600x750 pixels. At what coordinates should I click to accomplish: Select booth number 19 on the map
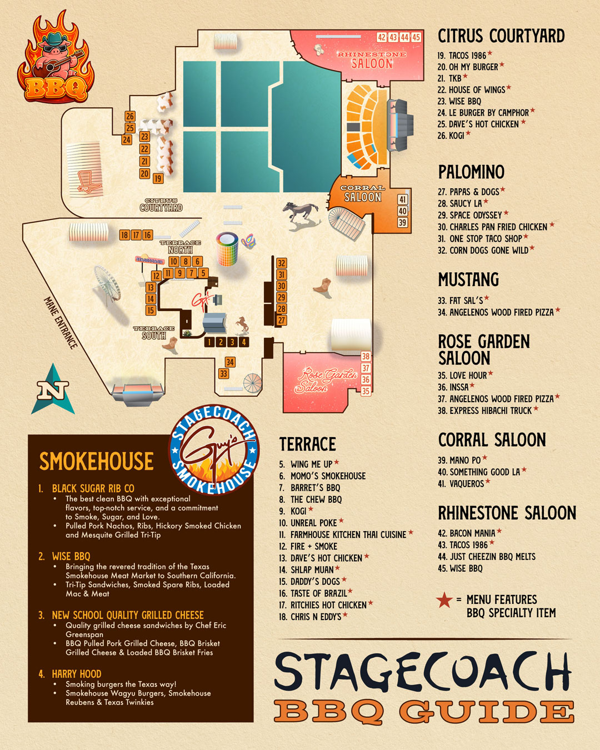(158, 178)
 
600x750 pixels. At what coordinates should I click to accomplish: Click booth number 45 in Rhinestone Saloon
(416, 37)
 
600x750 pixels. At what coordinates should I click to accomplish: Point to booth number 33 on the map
(223, 374)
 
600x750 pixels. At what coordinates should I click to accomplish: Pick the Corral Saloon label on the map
(362, 193)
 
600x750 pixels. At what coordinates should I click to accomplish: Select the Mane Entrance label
(60, 322)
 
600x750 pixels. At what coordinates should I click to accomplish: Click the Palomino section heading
(471, 172)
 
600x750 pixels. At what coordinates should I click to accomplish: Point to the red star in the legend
(444, 600)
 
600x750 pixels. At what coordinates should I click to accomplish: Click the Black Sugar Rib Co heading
(93, 488)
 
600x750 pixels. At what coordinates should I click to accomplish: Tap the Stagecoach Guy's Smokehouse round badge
(214, 449)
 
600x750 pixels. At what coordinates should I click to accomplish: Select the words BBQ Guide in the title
(424, 712)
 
